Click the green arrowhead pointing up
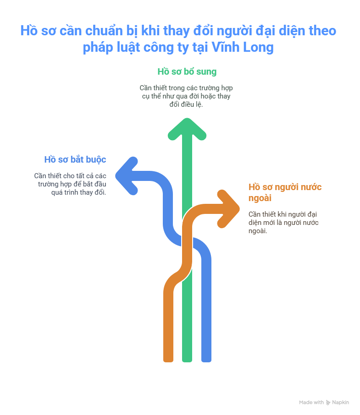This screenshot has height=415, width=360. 187,129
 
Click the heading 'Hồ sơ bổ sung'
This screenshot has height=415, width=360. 187,71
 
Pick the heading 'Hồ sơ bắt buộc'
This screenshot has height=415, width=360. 75,159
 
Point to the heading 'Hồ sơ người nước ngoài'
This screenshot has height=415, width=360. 285,192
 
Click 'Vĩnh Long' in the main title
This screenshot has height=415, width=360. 243,47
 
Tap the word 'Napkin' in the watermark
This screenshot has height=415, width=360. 340,402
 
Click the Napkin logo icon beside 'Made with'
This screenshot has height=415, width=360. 328,403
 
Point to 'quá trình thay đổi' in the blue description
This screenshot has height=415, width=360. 79,192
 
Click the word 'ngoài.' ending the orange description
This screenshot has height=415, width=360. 258,231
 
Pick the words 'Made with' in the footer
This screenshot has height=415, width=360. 311,402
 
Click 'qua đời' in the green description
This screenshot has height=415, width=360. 182,96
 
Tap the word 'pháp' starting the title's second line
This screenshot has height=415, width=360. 98,48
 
